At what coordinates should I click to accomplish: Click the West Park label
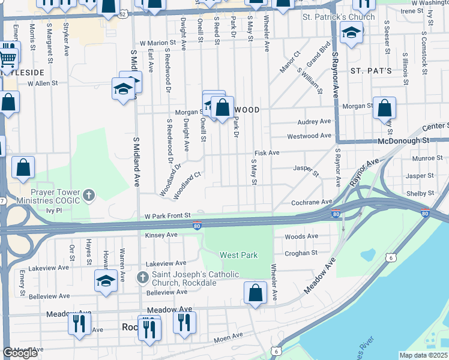point(238,255)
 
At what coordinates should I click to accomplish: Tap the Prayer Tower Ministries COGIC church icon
point(89,194)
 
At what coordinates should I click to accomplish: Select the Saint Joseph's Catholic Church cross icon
point(142,277)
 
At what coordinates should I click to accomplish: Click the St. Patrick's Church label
point(339,17)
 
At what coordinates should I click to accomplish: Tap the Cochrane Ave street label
point(312,202)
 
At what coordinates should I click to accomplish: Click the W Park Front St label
point(167,215)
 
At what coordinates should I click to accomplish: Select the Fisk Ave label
point(267,153)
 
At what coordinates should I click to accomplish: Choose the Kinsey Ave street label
point(161,235)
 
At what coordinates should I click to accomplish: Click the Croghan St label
point(301,253)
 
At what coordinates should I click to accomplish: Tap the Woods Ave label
point(301,236)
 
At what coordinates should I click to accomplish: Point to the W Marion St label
point(158,43)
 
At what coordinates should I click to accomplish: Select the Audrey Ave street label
point(314,121)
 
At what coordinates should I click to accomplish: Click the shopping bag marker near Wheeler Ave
point(255,293)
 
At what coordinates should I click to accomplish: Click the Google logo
point(20,353)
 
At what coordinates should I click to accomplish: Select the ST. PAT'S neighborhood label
point(371,71)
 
